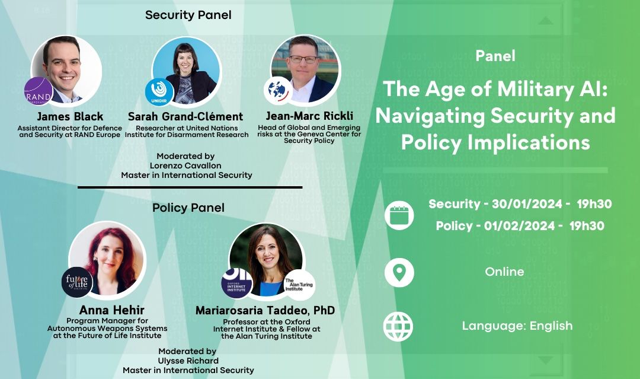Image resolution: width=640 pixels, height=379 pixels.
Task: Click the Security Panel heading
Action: [188, 15]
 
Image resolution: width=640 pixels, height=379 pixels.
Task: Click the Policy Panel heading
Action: [188, 208]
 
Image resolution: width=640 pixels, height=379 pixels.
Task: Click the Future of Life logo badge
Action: [77, 282]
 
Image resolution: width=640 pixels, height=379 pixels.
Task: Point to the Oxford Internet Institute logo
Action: [237, 283]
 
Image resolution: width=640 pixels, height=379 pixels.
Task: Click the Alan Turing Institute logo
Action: [299, 285]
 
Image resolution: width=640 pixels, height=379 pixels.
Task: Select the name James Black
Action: [70, 116]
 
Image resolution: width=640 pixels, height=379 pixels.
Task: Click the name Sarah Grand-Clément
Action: [185, 116]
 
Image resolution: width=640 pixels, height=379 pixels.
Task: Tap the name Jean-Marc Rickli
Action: [309, 116]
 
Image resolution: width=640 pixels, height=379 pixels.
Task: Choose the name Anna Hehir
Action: [112, 310]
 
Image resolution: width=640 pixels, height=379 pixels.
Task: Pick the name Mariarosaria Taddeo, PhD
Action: [265, 310]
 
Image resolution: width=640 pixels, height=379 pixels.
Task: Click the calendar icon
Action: [399, 215]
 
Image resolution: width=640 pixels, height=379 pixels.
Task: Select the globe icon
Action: [399, 326]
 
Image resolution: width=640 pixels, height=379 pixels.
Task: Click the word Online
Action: [504, 272]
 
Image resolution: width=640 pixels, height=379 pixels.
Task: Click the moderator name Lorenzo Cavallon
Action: [186, 165]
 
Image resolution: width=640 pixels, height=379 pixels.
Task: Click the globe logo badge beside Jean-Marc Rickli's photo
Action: [278, 90]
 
